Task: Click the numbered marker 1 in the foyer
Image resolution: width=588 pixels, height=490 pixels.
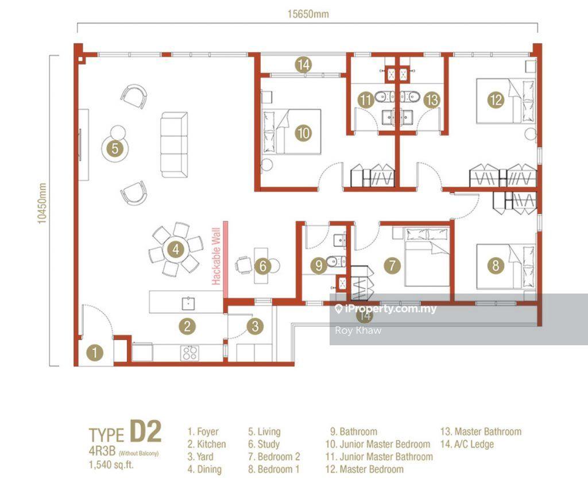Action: tap(95, 352)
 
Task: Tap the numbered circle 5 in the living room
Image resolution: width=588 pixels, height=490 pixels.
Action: tap(115, 148)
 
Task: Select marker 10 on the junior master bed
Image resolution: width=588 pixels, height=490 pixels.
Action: tap(303, 133)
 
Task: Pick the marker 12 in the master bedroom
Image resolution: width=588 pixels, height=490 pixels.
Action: tap(496, 100)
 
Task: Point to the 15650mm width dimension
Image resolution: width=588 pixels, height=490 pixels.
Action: tap(308, 14)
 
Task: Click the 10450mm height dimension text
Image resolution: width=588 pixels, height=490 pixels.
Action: tap(41, 203)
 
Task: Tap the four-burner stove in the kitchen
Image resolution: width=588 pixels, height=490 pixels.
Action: tap(189, 353)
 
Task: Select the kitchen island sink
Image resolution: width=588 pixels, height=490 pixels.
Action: tap(188, 303)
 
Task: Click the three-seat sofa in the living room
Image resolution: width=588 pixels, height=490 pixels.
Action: tap(174, 145)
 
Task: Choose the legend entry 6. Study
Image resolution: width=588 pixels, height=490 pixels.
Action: tap(264, 444)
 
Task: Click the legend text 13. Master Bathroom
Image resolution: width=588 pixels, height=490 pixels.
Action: tap(481, 431)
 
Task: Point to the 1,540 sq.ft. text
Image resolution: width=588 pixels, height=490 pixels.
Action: tap(111, 465)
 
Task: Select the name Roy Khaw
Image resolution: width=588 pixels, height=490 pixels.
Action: tap(358, 330)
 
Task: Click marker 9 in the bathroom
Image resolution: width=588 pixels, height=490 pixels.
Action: tap(319, 265)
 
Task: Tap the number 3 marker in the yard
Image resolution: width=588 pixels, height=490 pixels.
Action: tap(255, 326)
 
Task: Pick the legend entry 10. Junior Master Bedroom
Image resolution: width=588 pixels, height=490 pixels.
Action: tap(378, 444)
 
